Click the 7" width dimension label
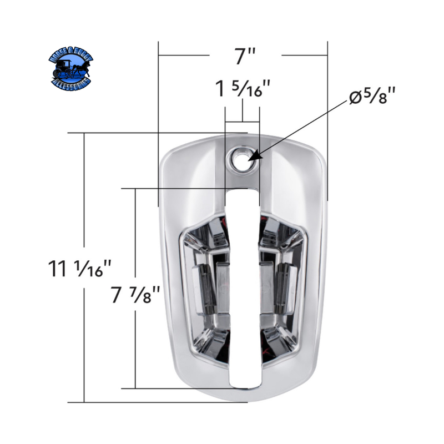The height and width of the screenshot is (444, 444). pyautogui.click(x=244, y=56)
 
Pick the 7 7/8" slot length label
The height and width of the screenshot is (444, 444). pyautogui.click(x=135, y=294)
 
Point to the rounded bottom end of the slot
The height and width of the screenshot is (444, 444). pyautogui.click(x=243, y=383)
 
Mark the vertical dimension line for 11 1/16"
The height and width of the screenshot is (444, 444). pyautogui.click(x=84, y=333)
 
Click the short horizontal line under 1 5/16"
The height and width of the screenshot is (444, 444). pyautogui.click(x=243, y=120)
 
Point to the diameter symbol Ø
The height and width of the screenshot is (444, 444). pyautogui.click(x=355, y=98)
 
